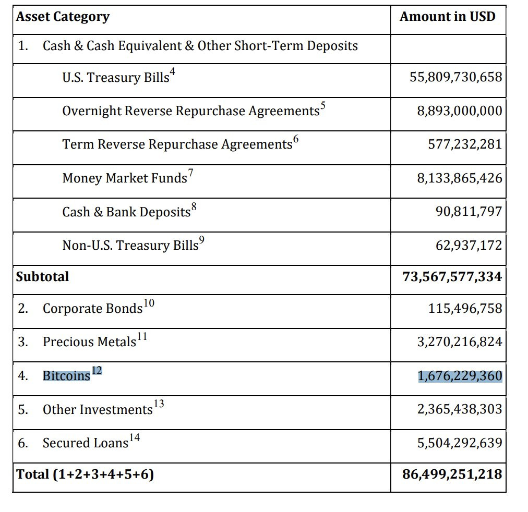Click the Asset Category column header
[x=63, y=17]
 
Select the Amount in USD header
[x=448, y=16]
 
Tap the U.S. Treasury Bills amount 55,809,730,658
[x=455, y=77]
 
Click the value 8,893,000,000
[x=460, y=111]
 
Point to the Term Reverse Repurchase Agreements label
[x=177, y=144]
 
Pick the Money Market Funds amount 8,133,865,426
[x=460, y=178]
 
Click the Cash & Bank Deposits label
[x=126, y=212]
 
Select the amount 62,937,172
[x=469, y=245]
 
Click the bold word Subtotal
[x=42, y=276]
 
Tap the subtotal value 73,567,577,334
[x=452, y=276]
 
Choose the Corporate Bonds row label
[x=92, y=308]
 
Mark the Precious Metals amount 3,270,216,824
[x=460, y=342]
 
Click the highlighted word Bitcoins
[x=66, y=375]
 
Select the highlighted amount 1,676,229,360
[x=460, y=376]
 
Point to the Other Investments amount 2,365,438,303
[x=460, y=409]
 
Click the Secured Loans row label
[x=86, y=443]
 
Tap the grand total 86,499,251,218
[x=452, y=474]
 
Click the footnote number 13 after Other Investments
[x=159, y=404]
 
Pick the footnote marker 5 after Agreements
[x=323, y=105]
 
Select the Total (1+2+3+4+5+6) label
[x=85, y=474]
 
